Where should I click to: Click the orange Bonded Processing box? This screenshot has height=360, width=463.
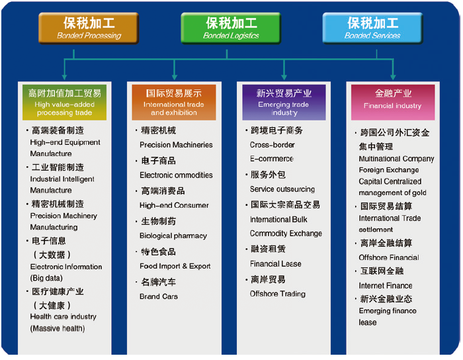[89, 28]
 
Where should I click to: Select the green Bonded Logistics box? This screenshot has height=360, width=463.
[231, 28]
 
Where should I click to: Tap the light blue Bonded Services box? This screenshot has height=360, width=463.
[372, 28]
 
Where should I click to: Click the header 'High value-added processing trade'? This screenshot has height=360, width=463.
[64, 102]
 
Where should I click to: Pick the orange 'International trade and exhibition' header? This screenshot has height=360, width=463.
[174, 102]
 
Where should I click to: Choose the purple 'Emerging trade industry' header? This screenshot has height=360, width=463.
[284, 102]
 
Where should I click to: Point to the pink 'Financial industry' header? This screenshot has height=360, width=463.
[393, 102]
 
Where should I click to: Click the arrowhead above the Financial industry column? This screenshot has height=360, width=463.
[393, 77]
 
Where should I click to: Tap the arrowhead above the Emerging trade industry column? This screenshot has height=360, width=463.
[284, 77]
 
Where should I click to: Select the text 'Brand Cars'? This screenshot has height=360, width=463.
[159, 296]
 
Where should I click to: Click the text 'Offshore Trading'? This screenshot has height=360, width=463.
[278, 294]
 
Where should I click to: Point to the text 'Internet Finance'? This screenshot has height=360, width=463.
[386, 286]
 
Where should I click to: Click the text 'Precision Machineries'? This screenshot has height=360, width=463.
[176, 145]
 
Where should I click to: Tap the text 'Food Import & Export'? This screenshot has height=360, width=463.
[175, 266]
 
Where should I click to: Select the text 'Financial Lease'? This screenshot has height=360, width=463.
[276, 264]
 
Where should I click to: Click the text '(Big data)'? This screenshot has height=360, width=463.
[46, 278]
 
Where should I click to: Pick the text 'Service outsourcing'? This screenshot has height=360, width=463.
[282, 189]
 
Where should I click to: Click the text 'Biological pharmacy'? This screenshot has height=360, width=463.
[173, 236]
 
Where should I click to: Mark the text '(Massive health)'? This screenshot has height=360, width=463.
[58, 328]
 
